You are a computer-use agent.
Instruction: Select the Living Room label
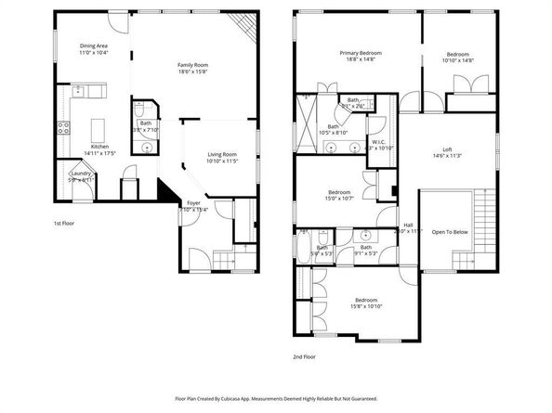pos(222,154)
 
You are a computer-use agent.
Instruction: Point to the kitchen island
pos(98,124)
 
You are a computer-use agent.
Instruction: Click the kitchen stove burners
pos(65,129)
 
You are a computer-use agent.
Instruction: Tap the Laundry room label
pos(79,174)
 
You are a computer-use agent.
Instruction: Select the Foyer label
pos(193,202)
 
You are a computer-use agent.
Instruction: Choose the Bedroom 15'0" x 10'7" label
pos(338,192)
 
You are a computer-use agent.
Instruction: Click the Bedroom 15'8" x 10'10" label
pos(366,300)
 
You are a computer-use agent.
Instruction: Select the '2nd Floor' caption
pos(304,355)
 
